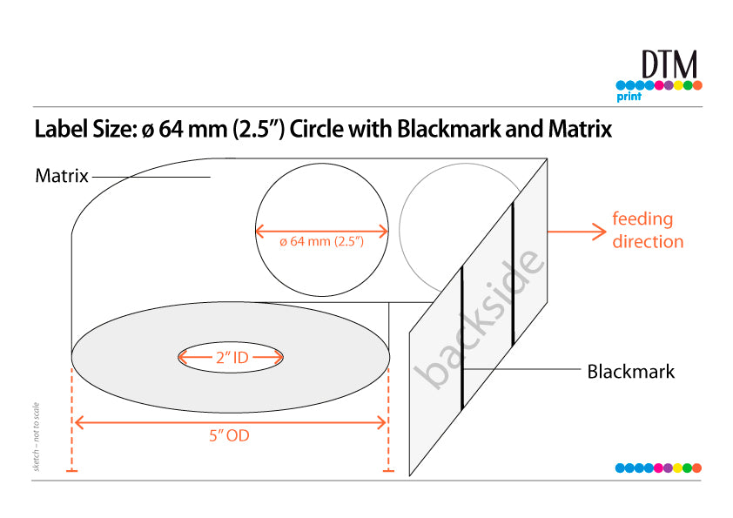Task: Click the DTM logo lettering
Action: point(669,64)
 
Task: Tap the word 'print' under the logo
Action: point(629,97)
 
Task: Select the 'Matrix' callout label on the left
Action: point(62,176)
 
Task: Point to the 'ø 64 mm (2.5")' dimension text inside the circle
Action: point(321,242)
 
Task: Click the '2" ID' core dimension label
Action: point(232,358)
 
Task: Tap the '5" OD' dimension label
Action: point(229,435)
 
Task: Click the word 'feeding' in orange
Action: point(642,219)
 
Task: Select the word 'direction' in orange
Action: point(648,242)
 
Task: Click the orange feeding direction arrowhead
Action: point(600,232)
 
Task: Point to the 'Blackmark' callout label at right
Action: point(630,372)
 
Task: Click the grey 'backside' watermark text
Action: point(479,320)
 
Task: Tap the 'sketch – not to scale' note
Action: point(36,437)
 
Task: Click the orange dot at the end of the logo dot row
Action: point(697,85)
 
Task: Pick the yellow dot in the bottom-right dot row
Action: point(677,468)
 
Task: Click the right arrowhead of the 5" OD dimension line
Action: point(381,423)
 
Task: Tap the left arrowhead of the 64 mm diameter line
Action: point(260,231)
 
